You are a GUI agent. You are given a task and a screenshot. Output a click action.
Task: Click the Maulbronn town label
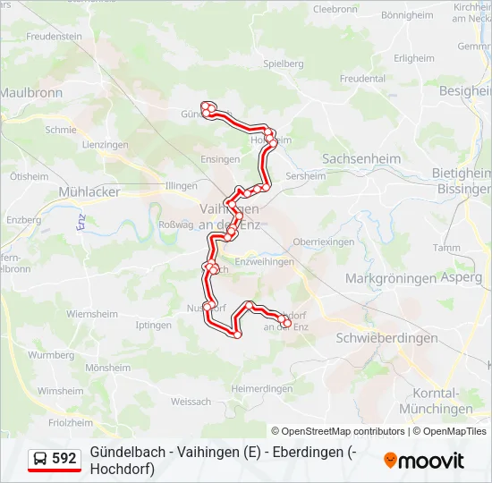tap(30, 92)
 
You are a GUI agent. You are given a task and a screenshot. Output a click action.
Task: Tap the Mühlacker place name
tap(89, 191)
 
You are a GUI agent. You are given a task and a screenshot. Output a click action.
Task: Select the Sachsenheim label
tap(361, 158)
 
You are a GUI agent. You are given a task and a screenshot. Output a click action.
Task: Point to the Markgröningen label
tap(390, 278)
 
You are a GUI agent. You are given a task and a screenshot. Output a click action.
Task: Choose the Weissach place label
tap(191, 402)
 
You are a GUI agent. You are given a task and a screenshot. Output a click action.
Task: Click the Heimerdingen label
tap(262, 388)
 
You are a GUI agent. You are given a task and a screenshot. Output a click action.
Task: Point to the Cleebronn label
tap(335, 9)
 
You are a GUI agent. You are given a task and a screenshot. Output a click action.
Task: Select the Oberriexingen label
tap(324, 242)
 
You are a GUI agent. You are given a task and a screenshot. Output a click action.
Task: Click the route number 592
tap(64, 459)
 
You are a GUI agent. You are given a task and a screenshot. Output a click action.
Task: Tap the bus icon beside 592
tap(41, 459)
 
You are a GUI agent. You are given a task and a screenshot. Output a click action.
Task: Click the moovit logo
tap(424, 461)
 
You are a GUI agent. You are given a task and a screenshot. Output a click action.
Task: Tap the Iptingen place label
tap(153, 325)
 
